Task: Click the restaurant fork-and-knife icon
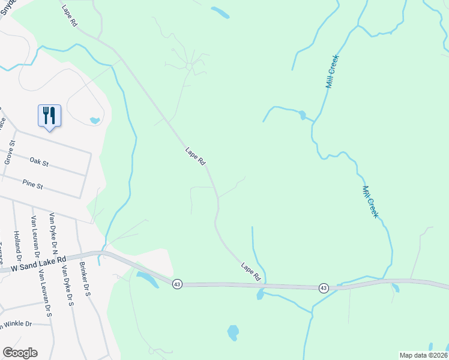click(49, 115)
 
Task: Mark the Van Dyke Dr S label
click(66, 288)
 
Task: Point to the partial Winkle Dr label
click(16, 325)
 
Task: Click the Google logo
click(20, 353)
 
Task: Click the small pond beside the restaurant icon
click(94, 121)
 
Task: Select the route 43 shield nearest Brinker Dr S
click(176, 283)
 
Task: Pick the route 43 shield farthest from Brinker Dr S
click(324, 288)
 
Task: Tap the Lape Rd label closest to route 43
click(251, 272)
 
